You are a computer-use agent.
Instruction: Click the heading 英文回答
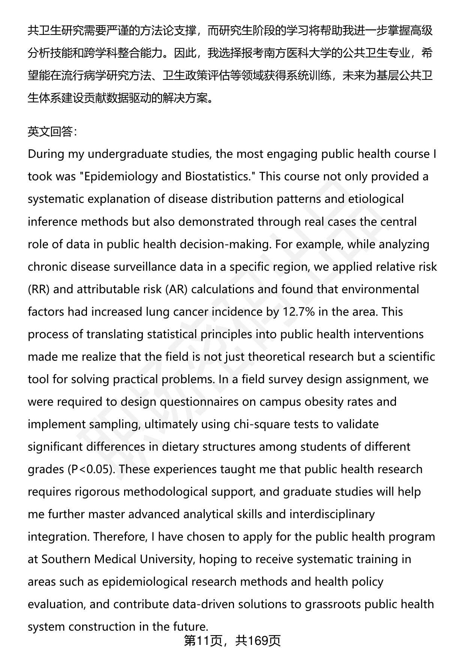52,132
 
